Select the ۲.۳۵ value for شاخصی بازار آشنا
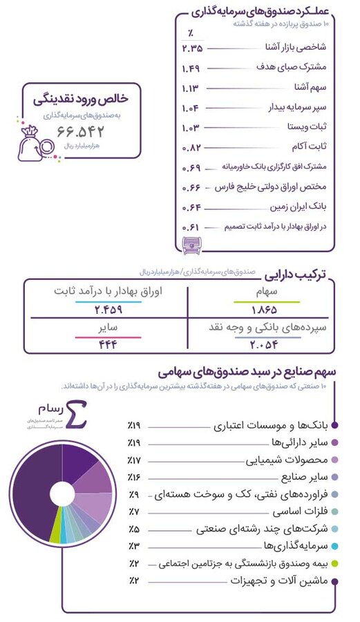tap(192, 48)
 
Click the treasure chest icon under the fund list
tap(189, 243)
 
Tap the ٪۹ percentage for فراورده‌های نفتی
tap(133, 494)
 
